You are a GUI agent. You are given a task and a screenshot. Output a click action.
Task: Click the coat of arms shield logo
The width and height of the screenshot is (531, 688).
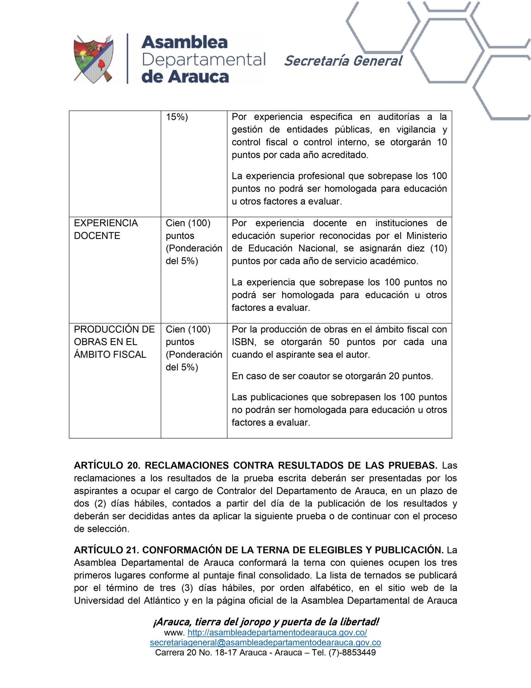[x=94, y=59]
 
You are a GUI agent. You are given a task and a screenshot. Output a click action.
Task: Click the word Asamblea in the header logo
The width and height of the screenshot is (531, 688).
[x=185, y=43]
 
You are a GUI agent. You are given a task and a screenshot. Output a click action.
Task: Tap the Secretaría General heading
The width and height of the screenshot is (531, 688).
[x=343, y=61]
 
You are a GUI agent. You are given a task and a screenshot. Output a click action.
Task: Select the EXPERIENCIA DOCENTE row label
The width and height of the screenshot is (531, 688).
[x=106, y=229]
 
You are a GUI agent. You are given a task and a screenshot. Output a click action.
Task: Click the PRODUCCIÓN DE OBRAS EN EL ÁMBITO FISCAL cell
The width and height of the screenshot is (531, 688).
[x=114, y=342]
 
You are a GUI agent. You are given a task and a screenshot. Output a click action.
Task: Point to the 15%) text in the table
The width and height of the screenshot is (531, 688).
[x=177, y=117]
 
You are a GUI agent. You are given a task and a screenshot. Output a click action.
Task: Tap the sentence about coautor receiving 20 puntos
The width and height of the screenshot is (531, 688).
[x=332, y=376]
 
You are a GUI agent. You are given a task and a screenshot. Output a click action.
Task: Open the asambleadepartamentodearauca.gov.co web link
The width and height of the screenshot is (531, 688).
[x=277, y=633]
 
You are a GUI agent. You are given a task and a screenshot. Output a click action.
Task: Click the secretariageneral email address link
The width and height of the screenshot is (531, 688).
[x=265, y=642]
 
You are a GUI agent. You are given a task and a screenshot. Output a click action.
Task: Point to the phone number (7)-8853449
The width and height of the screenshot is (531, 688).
[x=352, y=652]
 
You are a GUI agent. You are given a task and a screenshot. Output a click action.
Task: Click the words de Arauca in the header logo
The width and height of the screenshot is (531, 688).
[x=185, y=77]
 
